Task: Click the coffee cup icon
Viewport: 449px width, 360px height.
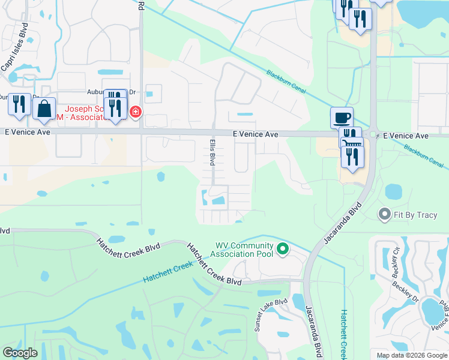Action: [x=342, y=117]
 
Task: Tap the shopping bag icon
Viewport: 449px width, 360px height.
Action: [x=44, y=109]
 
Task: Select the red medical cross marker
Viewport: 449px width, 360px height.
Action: [x=136, y=112]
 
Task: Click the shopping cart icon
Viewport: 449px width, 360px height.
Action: [x=352, y=143]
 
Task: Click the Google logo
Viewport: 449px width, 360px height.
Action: [x=20, y=353]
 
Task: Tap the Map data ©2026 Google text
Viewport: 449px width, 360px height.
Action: [x=411, y=355]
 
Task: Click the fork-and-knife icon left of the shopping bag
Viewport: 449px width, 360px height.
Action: [x=19, y=104]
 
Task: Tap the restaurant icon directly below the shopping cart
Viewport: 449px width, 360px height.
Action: [x=352, y=157]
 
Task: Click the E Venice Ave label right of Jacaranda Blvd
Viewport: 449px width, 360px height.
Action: [x=406, y=136]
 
